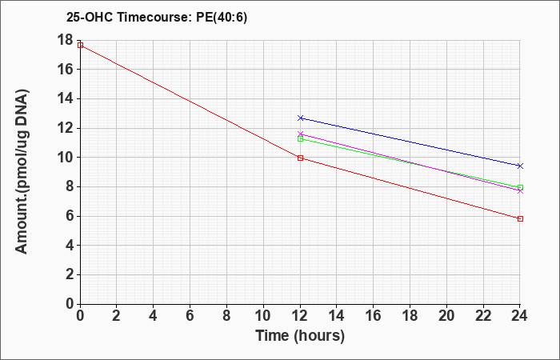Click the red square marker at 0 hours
tap(80, 45)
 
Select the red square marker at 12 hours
tap(300, 158)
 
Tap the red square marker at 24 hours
tap(520, 218)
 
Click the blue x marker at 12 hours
tap(300, 118)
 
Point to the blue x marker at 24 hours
tap(520, 166)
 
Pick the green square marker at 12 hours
tap(300, 138)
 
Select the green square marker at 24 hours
tap(520, 187)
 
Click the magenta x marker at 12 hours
tap(300, 134)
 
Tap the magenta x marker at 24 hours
tap(520, 191)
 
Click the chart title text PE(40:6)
tap(222, 18)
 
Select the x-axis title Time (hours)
tap(300, 336)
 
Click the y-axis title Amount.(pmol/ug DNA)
tap(22, 171)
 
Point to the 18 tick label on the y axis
tap(65, 40)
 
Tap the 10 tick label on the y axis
tap(65, 158)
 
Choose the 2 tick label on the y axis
tap(70, 274)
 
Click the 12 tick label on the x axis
tap(300, 316)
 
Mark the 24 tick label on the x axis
tap(519, 316)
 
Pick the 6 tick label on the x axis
tap(190, 316)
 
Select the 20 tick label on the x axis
tap(446, 316)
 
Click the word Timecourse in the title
tap(154, 18)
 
